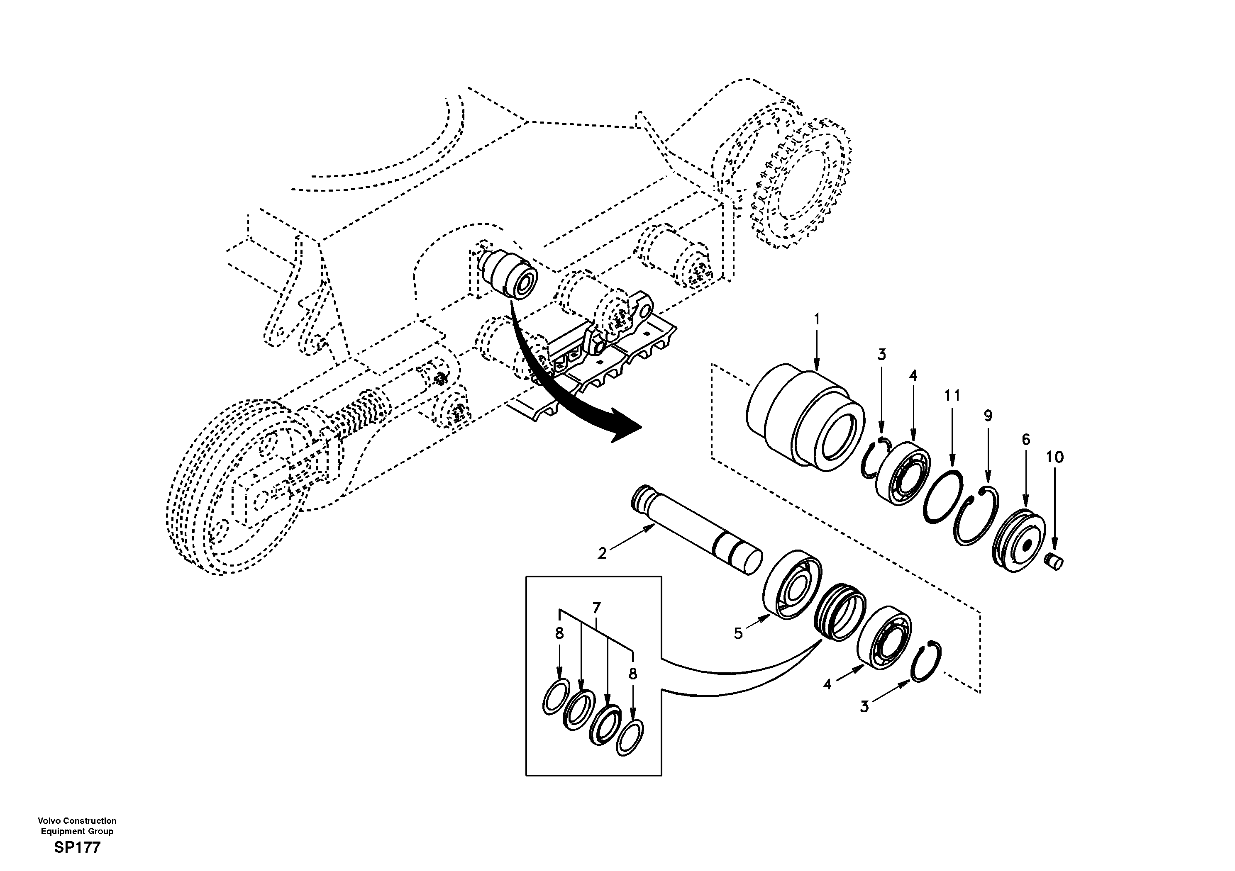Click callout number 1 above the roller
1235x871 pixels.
pos(817,319)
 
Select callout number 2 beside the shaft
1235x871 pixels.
pos(602,553)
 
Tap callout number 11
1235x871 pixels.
pos(952,396)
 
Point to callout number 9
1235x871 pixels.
pos(988,416)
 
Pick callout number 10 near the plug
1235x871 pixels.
pos(1055,457)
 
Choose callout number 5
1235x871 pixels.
pos(739,634)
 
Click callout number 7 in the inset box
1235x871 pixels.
pos(596,608)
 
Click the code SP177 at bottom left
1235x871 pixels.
pos(77,848)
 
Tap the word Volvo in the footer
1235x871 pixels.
pos(48,820)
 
